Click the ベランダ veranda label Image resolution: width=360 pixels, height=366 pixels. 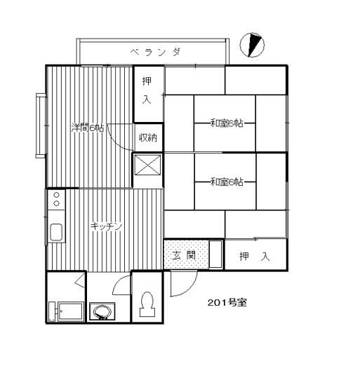156,52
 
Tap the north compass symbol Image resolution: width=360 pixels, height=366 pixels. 253,45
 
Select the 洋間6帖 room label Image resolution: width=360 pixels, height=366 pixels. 88,128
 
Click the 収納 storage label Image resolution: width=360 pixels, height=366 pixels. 148,137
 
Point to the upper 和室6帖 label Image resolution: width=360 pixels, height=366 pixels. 227,123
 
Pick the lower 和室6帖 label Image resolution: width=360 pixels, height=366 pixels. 227,182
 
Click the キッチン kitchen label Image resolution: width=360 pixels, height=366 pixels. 107,226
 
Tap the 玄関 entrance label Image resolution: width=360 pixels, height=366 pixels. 184,255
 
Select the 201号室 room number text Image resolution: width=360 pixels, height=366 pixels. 227,303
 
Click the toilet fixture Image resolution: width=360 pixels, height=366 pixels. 147,304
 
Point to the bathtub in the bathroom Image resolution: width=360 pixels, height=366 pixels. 70,312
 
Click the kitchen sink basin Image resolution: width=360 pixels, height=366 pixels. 56,232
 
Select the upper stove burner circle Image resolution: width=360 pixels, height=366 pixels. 56,195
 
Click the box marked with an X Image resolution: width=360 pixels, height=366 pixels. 148,165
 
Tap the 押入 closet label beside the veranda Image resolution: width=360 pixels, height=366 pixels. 147,90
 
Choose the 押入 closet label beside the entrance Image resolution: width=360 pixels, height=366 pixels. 255,257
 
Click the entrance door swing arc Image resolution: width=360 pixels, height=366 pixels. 190,289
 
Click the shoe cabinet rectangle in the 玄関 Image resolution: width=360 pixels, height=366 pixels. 215,254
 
